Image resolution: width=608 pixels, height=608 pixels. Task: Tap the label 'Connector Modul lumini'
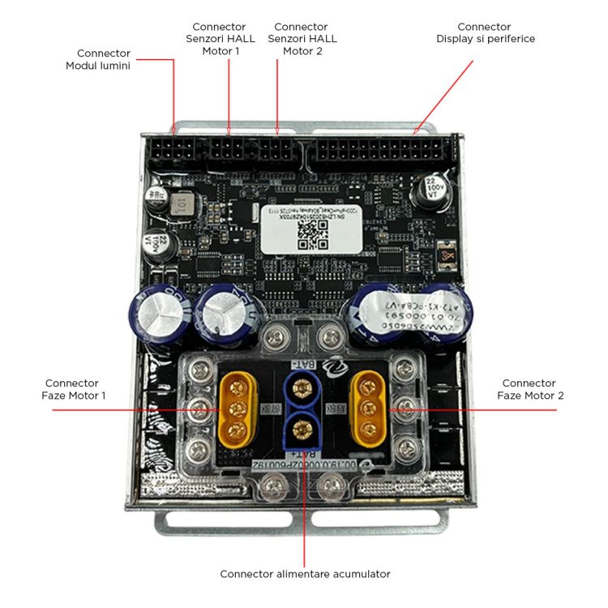click(x=98, y=59)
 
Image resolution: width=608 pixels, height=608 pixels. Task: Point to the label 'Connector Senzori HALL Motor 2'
click(x=302, y=39)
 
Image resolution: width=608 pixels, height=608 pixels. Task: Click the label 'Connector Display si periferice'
click(x=485, y=32)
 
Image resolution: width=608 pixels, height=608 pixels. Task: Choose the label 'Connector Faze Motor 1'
click(x=72, y=389)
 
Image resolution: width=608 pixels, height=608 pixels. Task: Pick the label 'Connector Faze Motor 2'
click(x=529, y=389)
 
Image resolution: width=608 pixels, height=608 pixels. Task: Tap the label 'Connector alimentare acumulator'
click(x=305, y=574)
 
